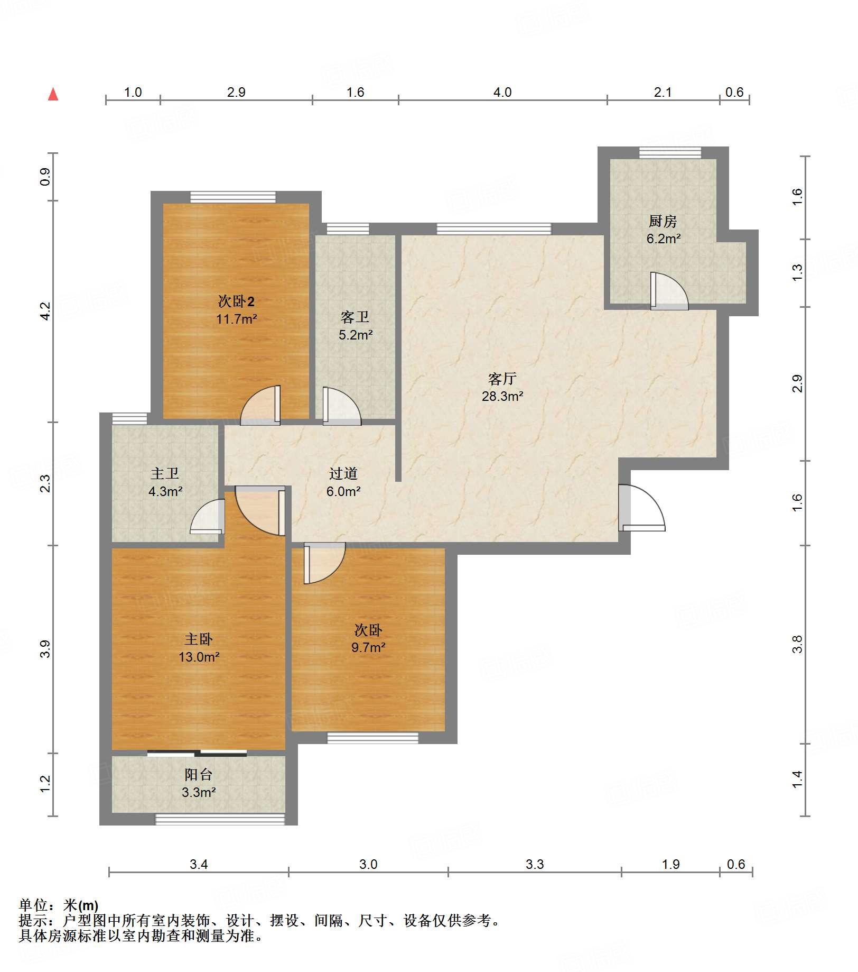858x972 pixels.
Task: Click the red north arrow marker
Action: click(53, 94)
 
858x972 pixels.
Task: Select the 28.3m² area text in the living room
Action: click(502, 396)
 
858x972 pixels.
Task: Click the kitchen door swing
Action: click(669, 290)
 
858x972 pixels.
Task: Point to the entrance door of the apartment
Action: click(641, 508)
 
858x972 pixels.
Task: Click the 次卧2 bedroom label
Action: click(236, 301)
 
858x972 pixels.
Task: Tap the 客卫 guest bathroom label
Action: click(355, 317)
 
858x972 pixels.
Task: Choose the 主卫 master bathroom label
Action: click(165, 473)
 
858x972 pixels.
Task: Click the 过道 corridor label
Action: click(343, 473)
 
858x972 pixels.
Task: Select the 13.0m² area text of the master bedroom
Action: click(199, 657)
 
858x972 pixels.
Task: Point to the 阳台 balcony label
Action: click(199, 775)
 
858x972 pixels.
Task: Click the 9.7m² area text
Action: click(368, 647)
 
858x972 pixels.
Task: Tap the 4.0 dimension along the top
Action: click(502, 92)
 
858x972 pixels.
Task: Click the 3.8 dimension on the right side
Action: click(797, 644)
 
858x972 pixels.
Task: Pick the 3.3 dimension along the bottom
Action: click(535, 864)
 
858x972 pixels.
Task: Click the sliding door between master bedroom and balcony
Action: click(197, 753)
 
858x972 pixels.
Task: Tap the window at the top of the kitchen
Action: click(670, 153)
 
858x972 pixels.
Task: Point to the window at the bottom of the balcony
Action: click(220, 819)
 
